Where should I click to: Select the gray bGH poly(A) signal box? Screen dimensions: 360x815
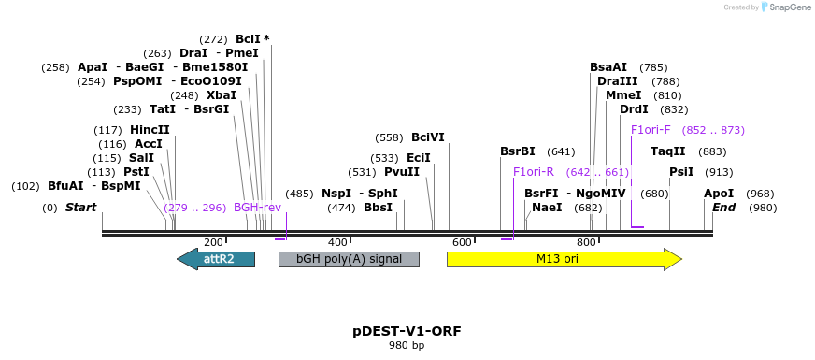pos(349,259)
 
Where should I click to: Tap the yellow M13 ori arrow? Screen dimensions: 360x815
pos(564,259)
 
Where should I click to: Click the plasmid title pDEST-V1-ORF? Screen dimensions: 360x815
pos(407,331)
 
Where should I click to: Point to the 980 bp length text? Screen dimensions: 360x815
pos(407,346)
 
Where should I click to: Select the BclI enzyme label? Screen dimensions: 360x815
pos(248,39)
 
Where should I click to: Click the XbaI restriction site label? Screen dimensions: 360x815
pos(222,95)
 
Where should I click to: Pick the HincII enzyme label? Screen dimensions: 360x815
pos(150,130)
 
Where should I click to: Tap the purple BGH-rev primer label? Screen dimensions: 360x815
pos(257,208)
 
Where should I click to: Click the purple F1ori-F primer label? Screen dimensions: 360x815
pos(651,130)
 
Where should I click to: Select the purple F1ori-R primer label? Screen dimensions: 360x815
pos(534,172)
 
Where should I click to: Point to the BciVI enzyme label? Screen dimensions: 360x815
pos(428,137)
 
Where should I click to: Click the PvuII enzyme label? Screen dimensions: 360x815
pos(402,172)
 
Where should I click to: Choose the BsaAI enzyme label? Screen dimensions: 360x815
pos(608,67)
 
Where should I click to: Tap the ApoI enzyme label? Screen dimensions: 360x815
pos(719,194)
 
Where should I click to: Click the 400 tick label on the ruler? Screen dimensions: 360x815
pos(337,242)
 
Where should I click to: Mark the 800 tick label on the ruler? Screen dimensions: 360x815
pos(586,242)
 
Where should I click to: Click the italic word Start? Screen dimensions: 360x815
pos(80,208)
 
